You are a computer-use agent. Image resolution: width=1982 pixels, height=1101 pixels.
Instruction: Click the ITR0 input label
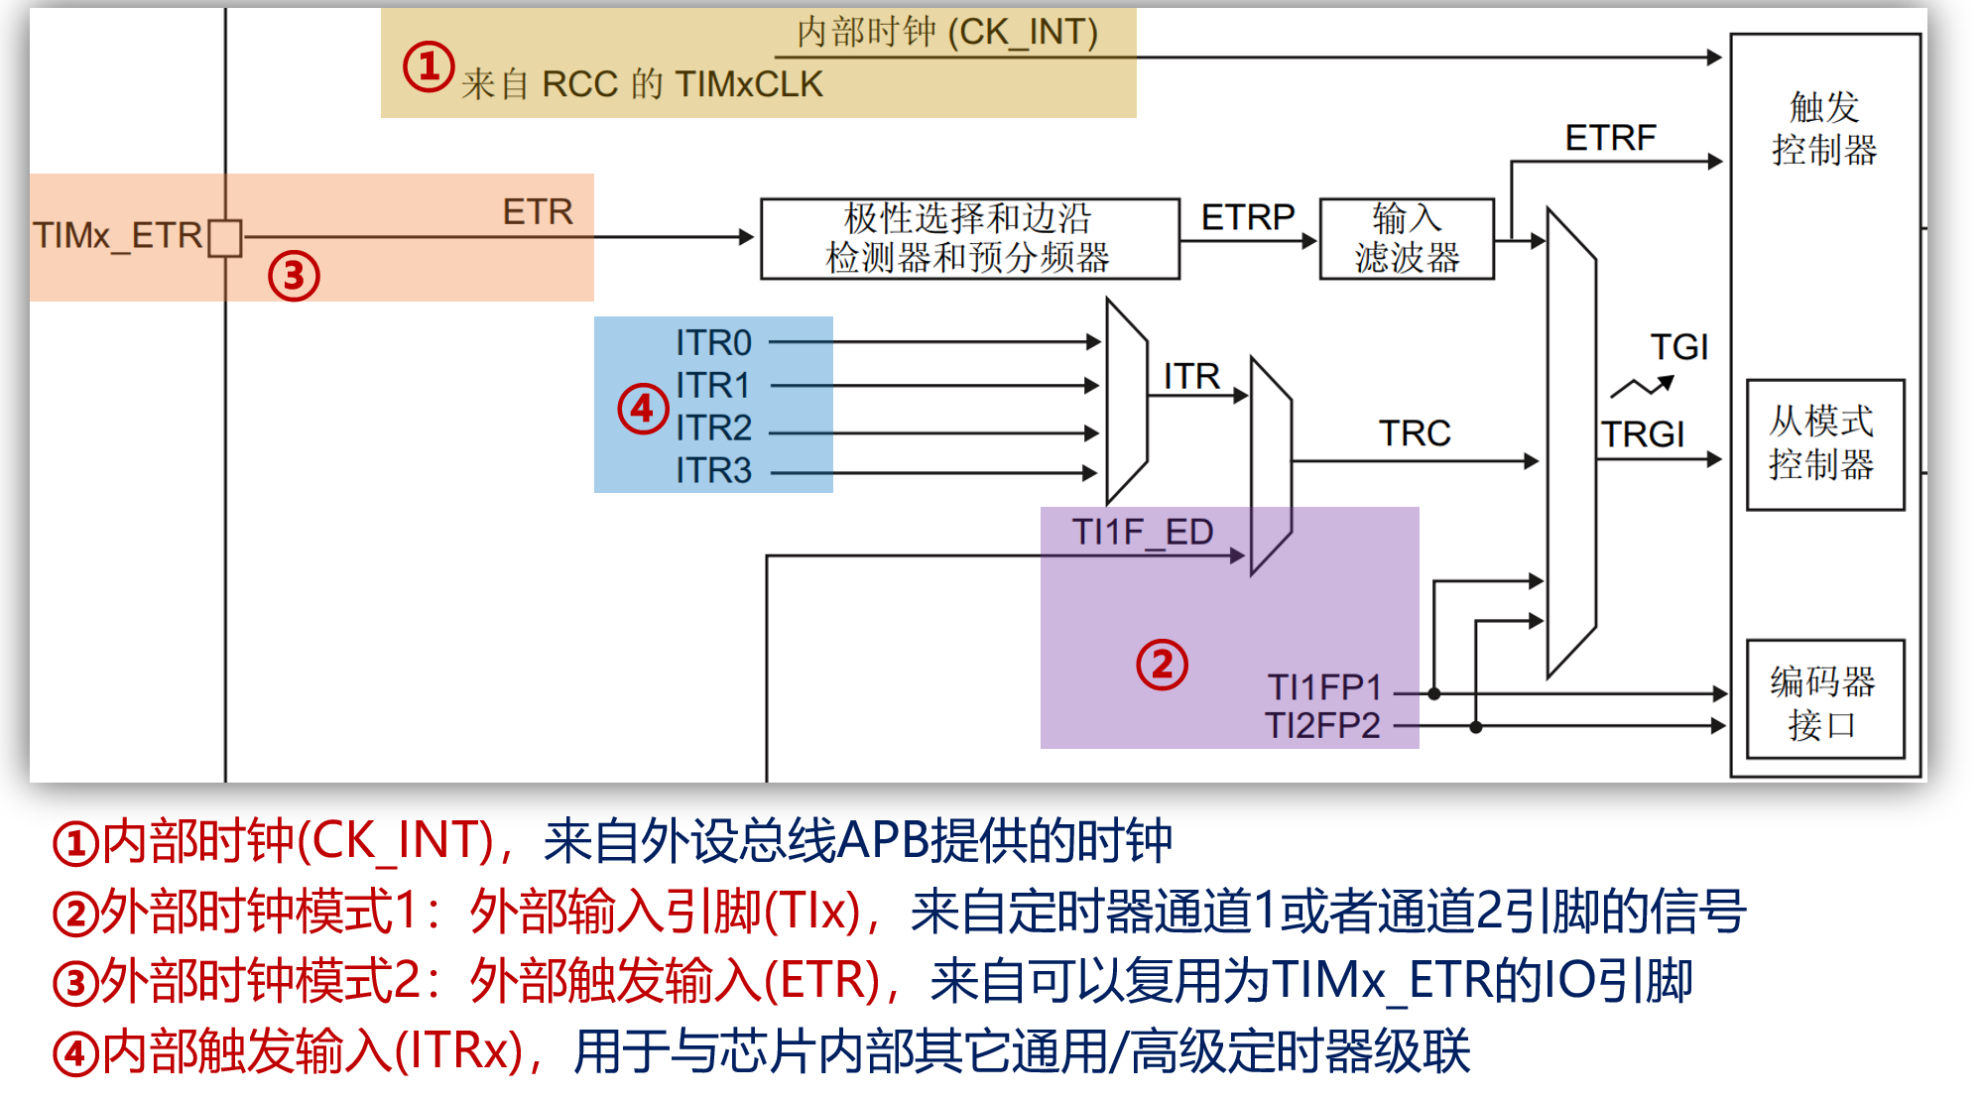[713, 343]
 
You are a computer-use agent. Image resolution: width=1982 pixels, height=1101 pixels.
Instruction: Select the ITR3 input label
[713, 470]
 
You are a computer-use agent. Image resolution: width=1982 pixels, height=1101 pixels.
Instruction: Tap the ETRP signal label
[1248, 217]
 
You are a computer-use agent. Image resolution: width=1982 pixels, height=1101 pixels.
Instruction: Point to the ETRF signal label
[1611, 138]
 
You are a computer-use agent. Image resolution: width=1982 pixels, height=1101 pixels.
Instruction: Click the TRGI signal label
[1643, 434]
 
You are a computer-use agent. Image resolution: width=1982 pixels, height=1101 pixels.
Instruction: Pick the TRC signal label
[1415, 433]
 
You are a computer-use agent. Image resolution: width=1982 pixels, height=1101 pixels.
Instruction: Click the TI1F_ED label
[1143, 533]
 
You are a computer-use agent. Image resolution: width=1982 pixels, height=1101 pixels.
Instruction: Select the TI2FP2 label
[1322, 726]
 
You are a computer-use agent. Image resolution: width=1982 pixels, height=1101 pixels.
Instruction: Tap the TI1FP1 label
[1324, 687]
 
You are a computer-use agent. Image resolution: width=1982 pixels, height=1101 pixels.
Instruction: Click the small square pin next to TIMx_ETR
[225, 238]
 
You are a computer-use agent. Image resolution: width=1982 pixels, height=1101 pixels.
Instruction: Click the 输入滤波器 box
[1407, 239]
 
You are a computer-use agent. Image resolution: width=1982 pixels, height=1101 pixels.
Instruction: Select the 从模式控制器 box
[1825, 444]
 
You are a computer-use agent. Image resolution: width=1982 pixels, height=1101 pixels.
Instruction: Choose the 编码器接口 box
[1825, 699]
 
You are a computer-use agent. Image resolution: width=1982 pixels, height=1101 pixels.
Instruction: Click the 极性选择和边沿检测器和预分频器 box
[970, 239]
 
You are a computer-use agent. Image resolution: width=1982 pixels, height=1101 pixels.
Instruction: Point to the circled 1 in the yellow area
[429, 67]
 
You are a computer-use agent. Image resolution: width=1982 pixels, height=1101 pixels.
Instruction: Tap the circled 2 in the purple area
[1162, 665]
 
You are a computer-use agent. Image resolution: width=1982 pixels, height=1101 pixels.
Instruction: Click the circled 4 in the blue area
[643, 409]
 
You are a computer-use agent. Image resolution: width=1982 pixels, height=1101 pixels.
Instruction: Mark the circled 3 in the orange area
[294, 276]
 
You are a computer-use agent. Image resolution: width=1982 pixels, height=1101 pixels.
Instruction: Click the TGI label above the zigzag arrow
[1679, 347]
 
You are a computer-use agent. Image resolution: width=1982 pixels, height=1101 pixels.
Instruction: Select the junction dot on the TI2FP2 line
[1476, 727]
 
